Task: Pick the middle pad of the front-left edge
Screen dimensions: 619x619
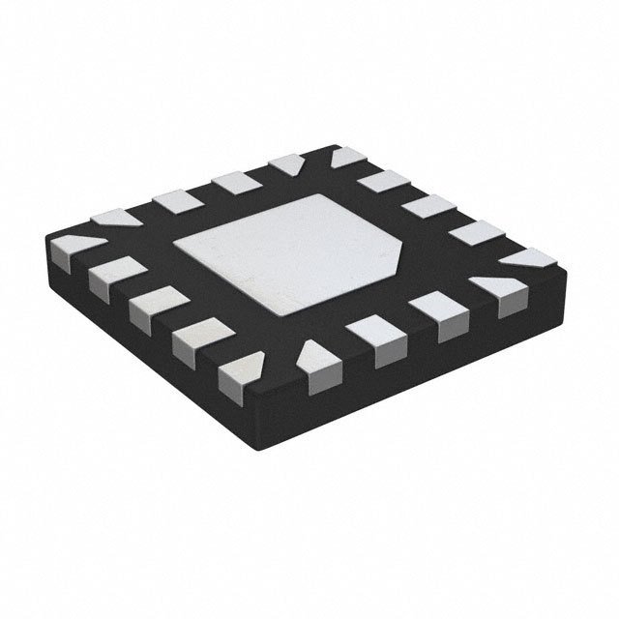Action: coord(149,308)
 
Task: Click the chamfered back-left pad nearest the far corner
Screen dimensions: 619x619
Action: coord(287,165)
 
